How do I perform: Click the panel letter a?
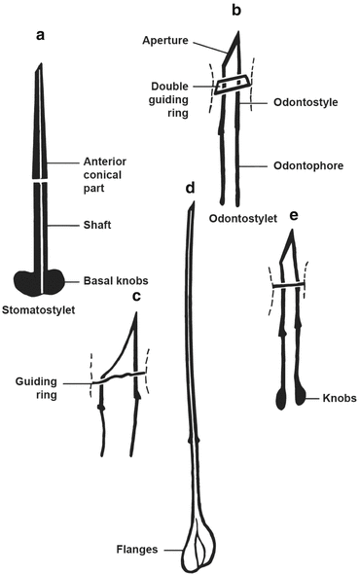(x=40, y=36)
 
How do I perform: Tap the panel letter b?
(x=235, y=11)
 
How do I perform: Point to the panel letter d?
(x=191, y=187)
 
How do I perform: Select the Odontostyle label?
(x=294, y=97)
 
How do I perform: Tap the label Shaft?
(x=97, y=224)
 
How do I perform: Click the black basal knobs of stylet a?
(x=39, y=281)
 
